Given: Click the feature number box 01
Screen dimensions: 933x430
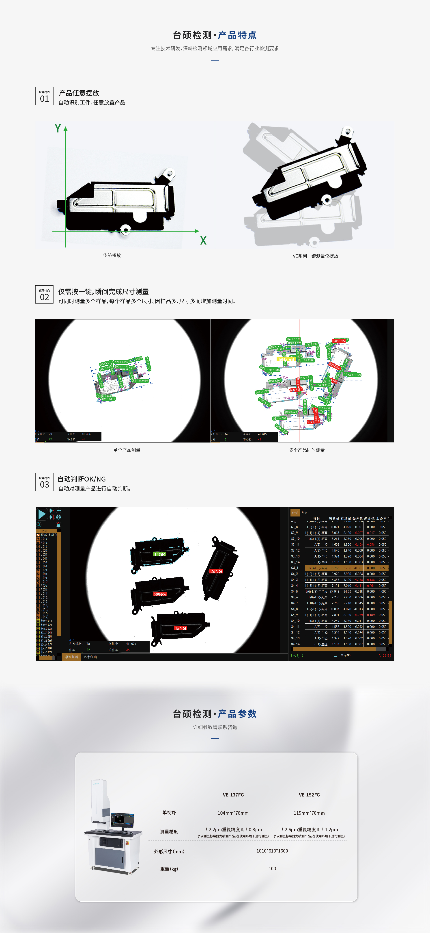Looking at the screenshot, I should pos(44,96).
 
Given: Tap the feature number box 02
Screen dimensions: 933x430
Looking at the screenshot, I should pos(44,295).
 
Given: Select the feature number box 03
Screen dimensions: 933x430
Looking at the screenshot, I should pos(44,482).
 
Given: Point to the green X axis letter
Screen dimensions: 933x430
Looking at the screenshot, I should pos(203,241).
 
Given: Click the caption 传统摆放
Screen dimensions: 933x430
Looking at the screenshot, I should pos(112,255).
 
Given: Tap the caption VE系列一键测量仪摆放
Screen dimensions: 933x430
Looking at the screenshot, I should pos(315,256).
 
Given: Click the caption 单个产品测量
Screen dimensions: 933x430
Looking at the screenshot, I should pos(127,450).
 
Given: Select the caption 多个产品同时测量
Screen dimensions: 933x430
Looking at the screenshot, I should pos(307,450).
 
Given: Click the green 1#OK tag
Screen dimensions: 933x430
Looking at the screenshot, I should pos(159,555).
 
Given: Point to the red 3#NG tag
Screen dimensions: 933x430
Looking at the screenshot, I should pos(160,594).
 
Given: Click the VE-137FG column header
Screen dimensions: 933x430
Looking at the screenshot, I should pos(233,795).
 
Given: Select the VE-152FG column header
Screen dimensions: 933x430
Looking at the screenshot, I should pos(309,795).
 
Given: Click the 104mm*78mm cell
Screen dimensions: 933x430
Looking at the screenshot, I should pos(233,813).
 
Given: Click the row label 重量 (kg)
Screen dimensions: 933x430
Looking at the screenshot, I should pos(169,869).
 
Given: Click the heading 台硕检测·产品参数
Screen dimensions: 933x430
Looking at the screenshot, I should pos(215,714).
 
